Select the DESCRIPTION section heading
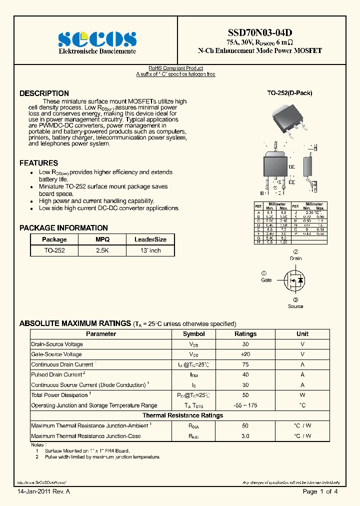point(44,93)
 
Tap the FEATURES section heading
point(38,163)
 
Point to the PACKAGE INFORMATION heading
point(63,228)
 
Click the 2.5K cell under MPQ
point(102,250)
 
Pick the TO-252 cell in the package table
point(54,250)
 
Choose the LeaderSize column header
point(150,239)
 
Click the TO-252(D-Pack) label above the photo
point(289,93)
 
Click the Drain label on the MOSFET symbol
point(295,258)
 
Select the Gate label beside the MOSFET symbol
point(266,280)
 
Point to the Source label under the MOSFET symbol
point(295,306)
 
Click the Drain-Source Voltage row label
point(57,344)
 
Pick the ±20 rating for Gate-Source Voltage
point(245,354)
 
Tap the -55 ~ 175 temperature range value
point(245,405)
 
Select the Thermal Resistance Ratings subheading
point(182,415)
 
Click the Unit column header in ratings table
point(302,334)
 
